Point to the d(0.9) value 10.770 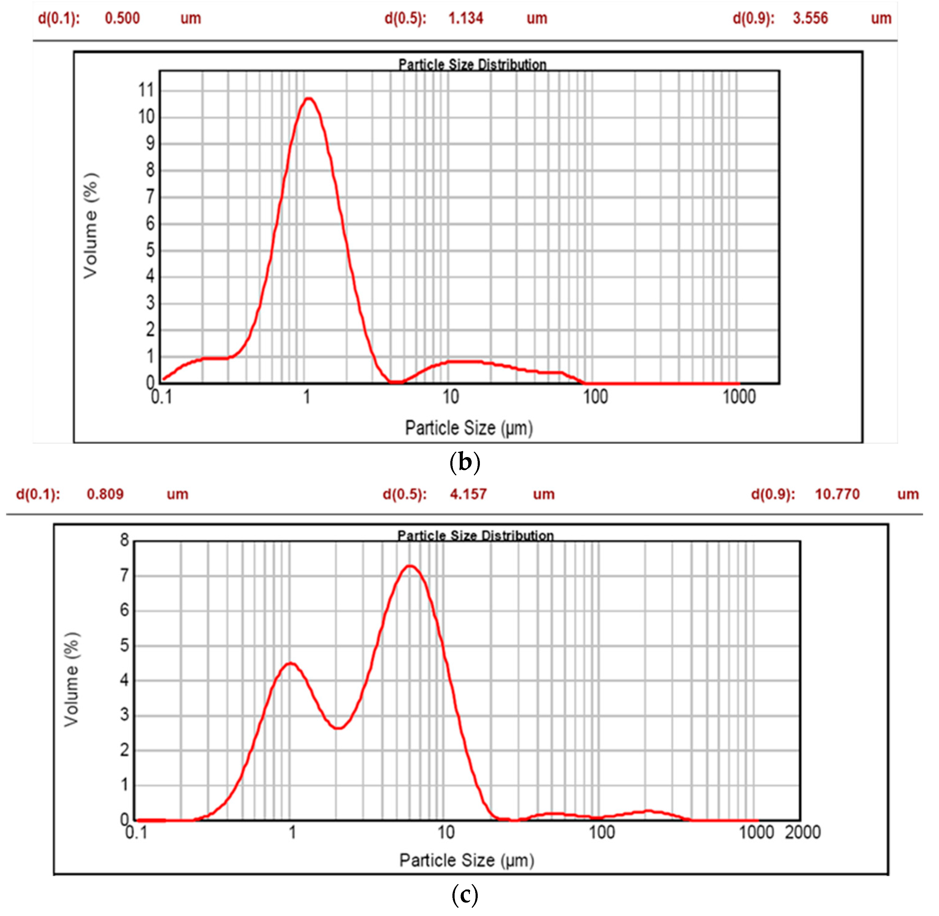coord(837,494)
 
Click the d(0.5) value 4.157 coord(468,494)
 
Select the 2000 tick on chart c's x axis coord(803,832)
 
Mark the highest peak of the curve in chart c coord(410,566)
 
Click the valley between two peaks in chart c coord(339,728)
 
